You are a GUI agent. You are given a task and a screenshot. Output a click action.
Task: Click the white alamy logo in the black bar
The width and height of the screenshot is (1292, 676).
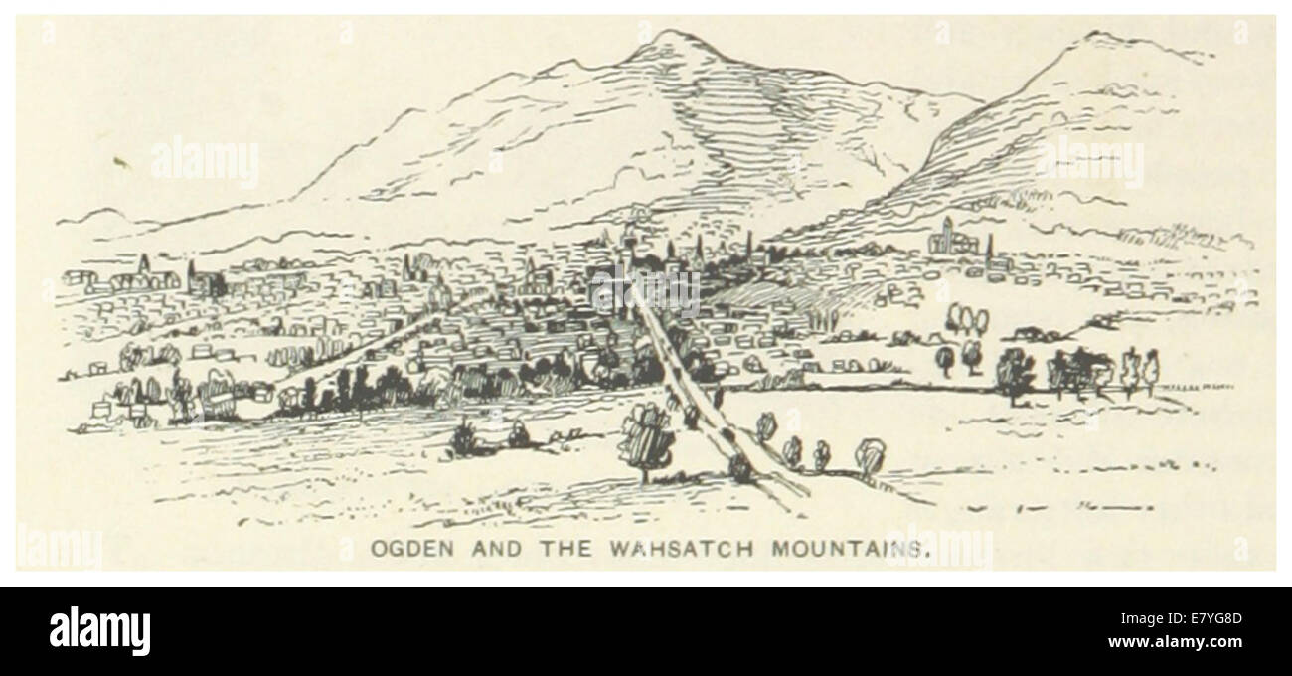(x=99, y=631)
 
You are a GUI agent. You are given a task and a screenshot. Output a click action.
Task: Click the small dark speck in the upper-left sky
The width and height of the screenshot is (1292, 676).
(x=122, y=160)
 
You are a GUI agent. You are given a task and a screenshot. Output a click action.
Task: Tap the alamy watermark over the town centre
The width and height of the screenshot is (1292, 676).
(x=646, y=290)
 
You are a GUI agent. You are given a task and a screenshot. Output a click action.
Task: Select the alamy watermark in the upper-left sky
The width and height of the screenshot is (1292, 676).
(x=205, y=162)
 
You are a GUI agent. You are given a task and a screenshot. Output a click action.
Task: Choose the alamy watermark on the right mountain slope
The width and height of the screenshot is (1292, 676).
(x=1089, y=162)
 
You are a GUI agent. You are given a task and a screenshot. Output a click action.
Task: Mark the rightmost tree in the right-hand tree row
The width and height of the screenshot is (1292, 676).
(x=1151, y=368)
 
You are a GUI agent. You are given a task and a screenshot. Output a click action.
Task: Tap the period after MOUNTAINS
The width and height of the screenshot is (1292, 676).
(x=929, y=553)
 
